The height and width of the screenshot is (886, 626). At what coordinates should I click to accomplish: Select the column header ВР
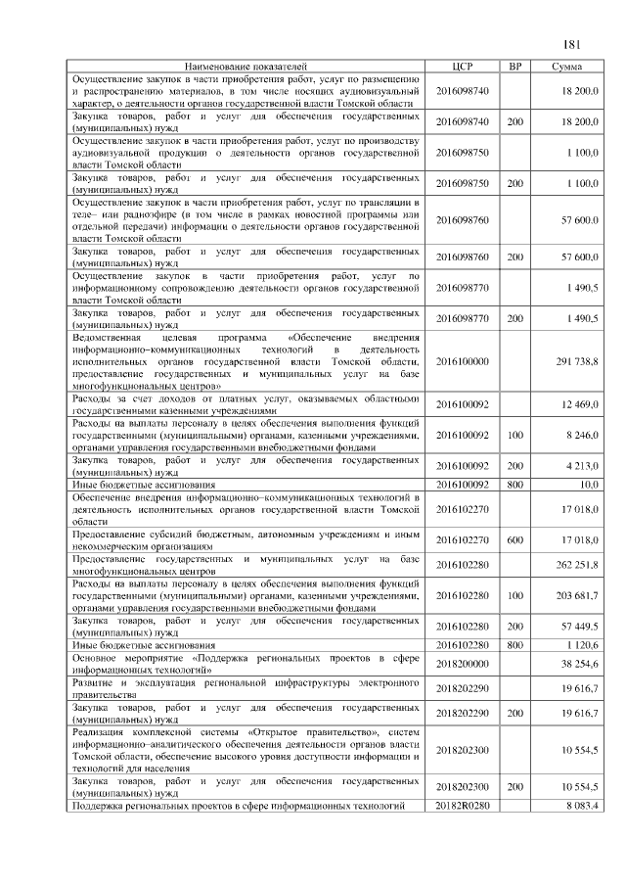click(x=515, y=67)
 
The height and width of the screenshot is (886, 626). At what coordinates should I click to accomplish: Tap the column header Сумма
click(x=567, y=67)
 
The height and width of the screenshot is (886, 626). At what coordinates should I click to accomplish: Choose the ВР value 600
click(x=515, y=539)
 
